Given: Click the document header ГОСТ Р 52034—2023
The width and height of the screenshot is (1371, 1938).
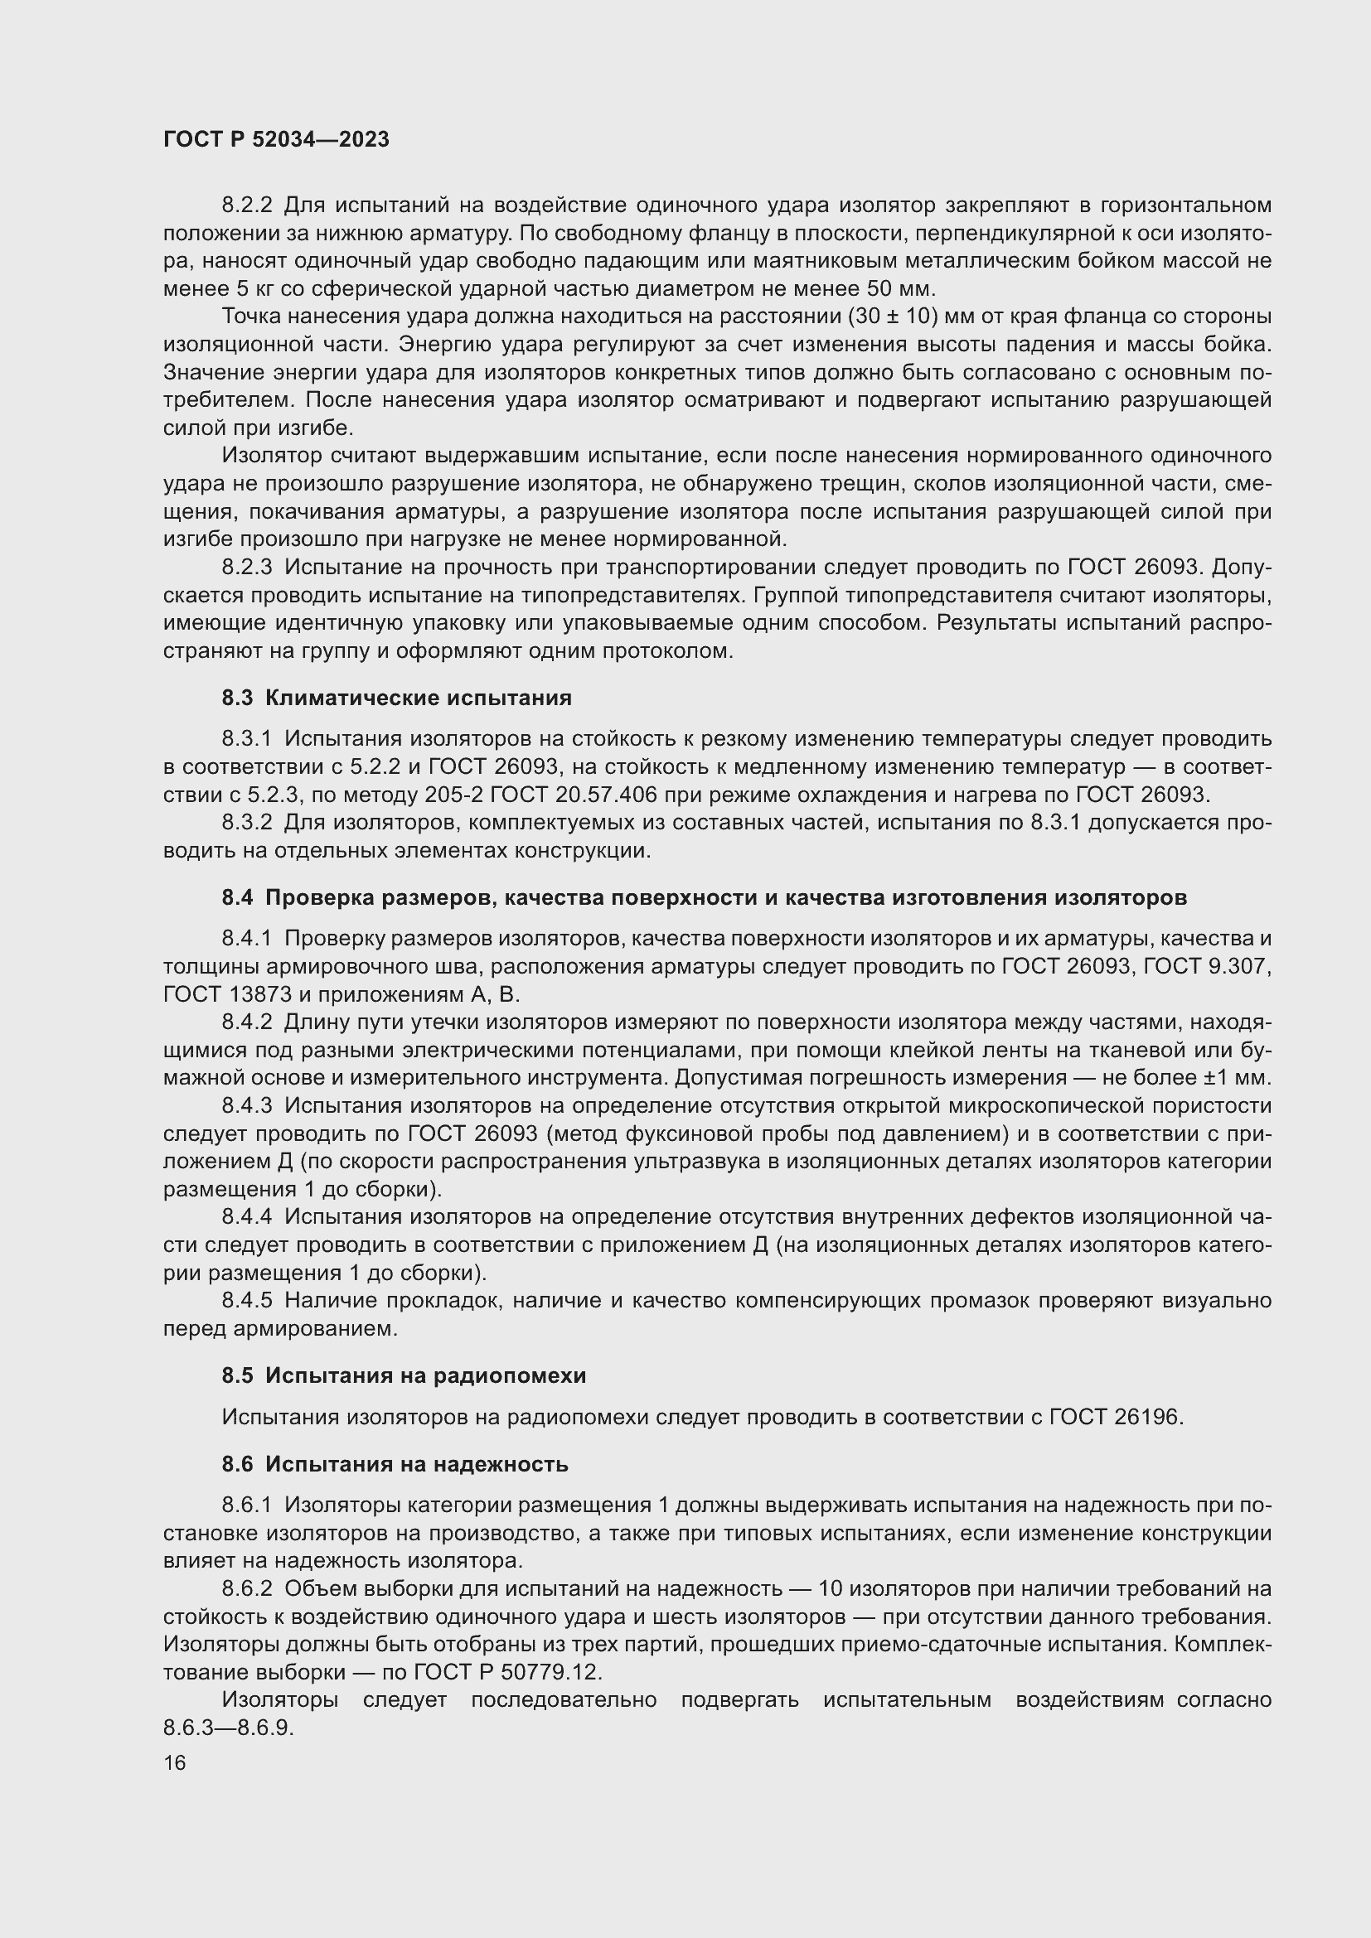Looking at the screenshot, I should click(276, 140).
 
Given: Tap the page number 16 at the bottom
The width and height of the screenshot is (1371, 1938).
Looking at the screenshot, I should click(175, 1762).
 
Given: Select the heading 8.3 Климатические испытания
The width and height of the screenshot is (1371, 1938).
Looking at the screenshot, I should click(397, 698).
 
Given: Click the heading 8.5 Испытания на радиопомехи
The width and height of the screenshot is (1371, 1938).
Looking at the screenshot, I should click(404, 1375).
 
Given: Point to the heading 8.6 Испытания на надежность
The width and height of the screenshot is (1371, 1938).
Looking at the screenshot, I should click(395, 1463).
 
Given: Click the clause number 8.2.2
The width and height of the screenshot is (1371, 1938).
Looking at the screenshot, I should click(246, 205).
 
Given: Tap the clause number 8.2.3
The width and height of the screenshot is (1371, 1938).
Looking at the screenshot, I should click(246, 568).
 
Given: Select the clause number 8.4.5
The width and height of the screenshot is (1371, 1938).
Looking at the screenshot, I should click(246, 1301).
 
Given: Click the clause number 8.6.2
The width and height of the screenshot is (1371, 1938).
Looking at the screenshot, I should click(246, 1588).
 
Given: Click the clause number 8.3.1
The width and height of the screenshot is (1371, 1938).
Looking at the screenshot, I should click(246, 739).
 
